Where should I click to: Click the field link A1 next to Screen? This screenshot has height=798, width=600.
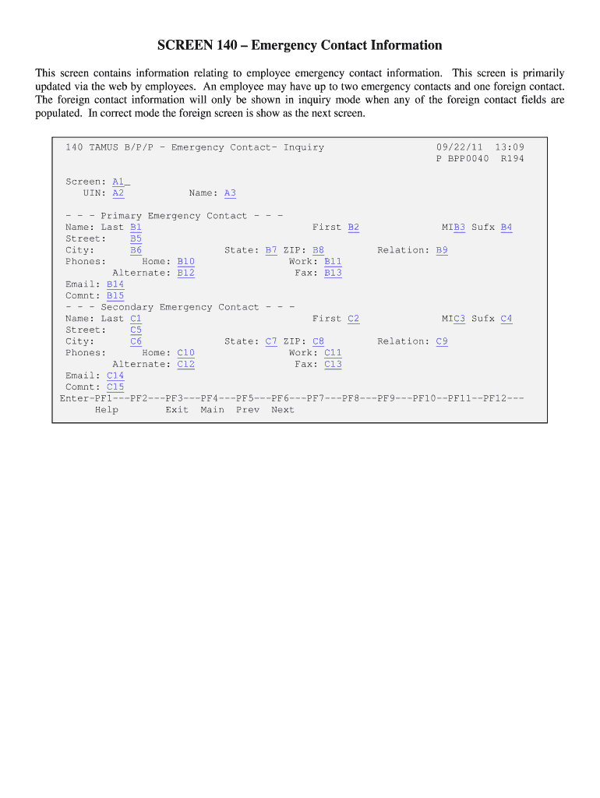(118, 182)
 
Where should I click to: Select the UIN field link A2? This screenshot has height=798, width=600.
(118, 193)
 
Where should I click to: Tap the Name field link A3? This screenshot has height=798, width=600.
(230, 193)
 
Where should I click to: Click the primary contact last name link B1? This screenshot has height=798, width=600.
(136, 228)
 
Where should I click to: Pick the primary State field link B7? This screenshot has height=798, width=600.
(271, 250)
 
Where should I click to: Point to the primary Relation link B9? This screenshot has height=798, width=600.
(442, 250)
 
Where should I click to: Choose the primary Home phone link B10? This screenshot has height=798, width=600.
(186, 262)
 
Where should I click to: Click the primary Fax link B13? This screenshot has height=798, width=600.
(333, 273)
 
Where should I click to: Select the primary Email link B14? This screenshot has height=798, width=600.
(115, 284)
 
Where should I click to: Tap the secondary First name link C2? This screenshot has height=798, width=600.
(354, 319)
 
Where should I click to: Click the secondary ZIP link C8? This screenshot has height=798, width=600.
(318, 341)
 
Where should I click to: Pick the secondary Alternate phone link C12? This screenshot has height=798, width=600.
(186, 364)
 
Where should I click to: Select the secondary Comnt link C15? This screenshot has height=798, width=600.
(115, 387)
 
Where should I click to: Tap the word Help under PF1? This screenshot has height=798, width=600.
(107, 410)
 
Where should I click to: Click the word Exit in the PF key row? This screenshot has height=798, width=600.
(177, 410)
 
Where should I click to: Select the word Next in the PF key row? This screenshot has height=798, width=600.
(283, 410)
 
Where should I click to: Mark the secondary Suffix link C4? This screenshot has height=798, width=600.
(506, 319)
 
